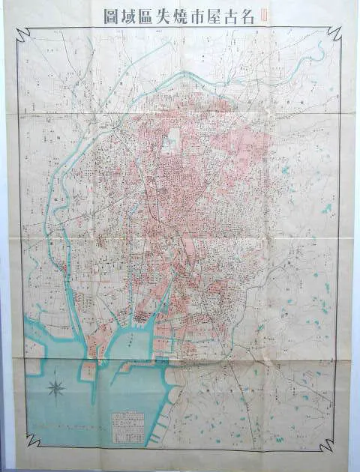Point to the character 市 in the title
(x=184, y=15)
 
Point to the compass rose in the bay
(x=55, y=388)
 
